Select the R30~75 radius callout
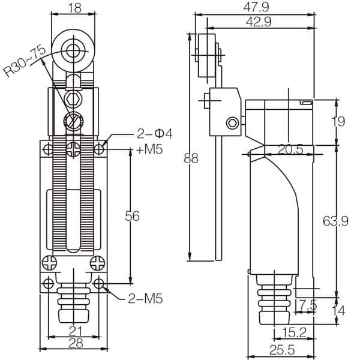pyautogui.click(x=25, y=63)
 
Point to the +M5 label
pyautogui.click(x=149, y=149)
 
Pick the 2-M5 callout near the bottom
pyautogui.click(x=144, y=298)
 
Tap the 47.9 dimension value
pyautogui.click(x=256, y=7)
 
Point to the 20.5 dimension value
pyautogui.click(x=289, y=149)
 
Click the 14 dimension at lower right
pyautogui.click(x=339, y=311)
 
